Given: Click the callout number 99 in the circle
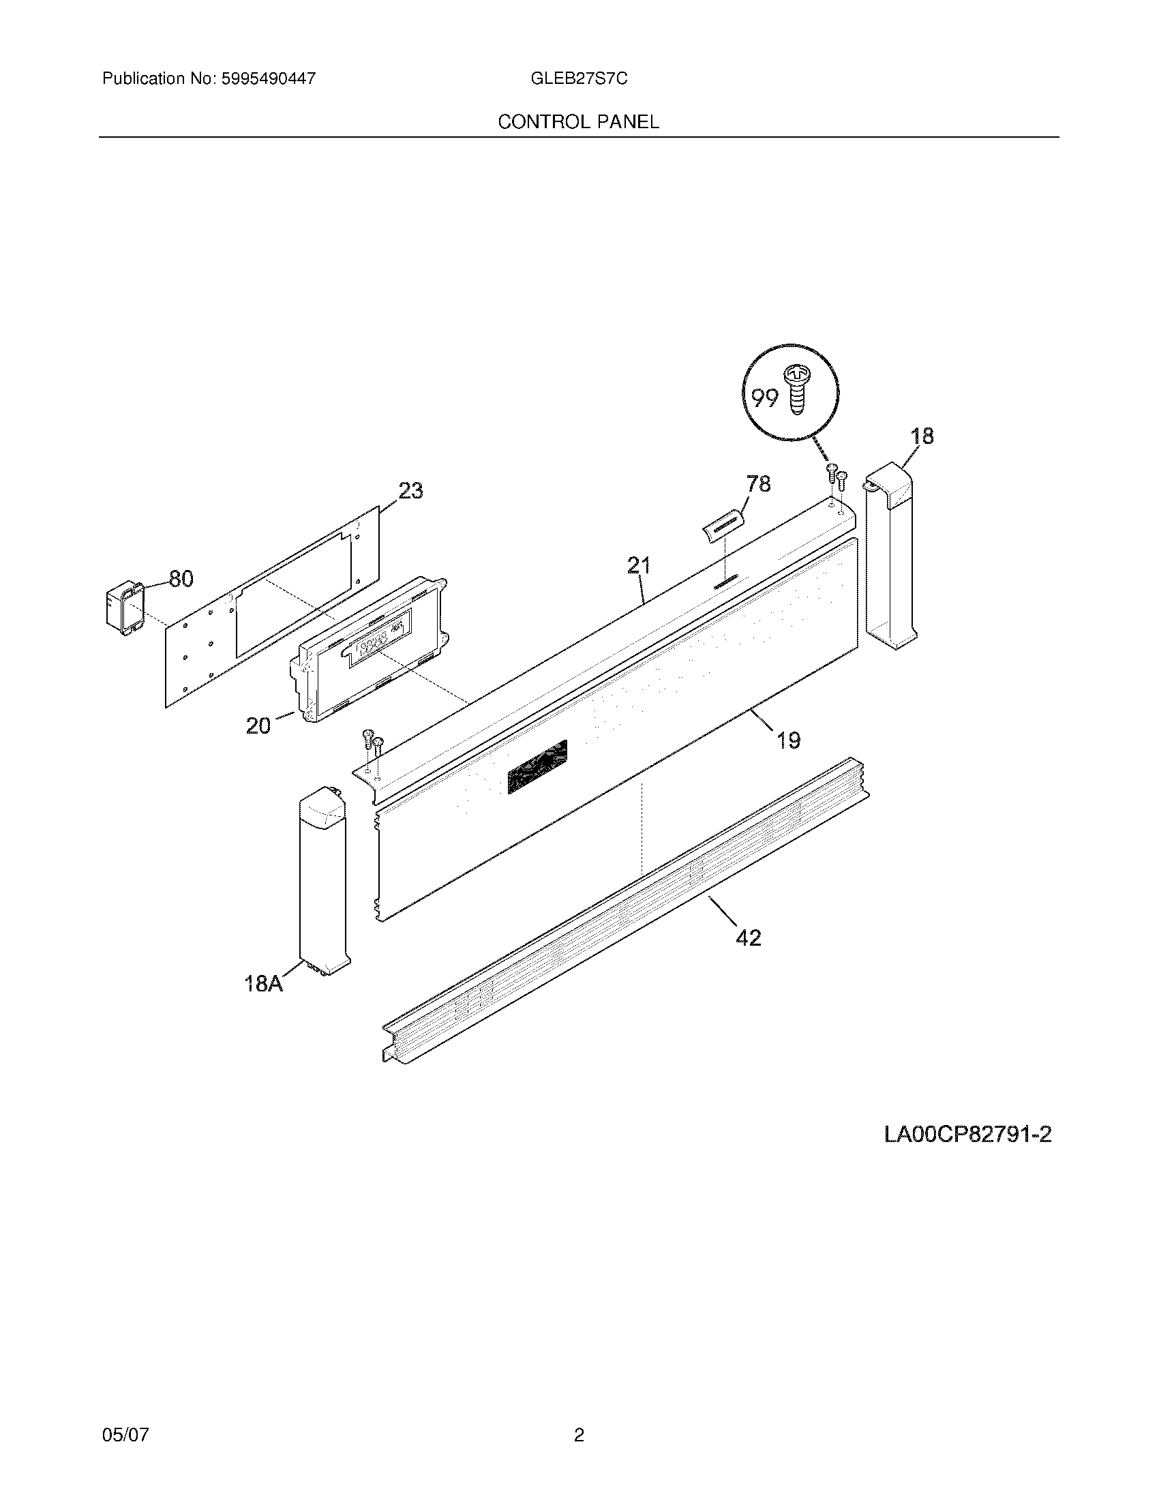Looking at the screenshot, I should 764,397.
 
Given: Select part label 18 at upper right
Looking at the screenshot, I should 922,436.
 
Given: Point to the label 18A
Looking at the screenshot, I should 264,982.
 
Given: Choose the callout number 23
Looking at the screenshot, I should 410,490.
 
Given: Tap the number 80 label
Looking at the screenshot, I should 181,579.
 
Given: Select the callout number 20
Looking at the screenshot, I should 259,725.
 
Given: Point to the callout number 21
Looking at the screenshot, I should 639,565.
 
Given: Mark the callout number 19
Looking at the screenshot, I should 789,740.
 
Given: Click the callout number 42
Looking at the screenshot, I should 749,937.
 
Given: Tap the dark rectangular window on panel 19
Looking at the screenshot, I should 538,766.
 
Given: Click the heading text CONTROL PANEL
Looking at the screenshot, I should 578,121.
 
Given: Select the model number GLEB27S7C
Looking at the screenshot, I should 579,78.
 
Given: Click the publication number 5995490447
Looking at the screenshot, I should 268,78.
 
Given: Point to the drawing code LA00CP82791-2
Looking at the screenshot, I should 967,1134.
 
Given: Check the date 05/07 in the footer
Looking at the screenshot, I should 125,1415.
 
